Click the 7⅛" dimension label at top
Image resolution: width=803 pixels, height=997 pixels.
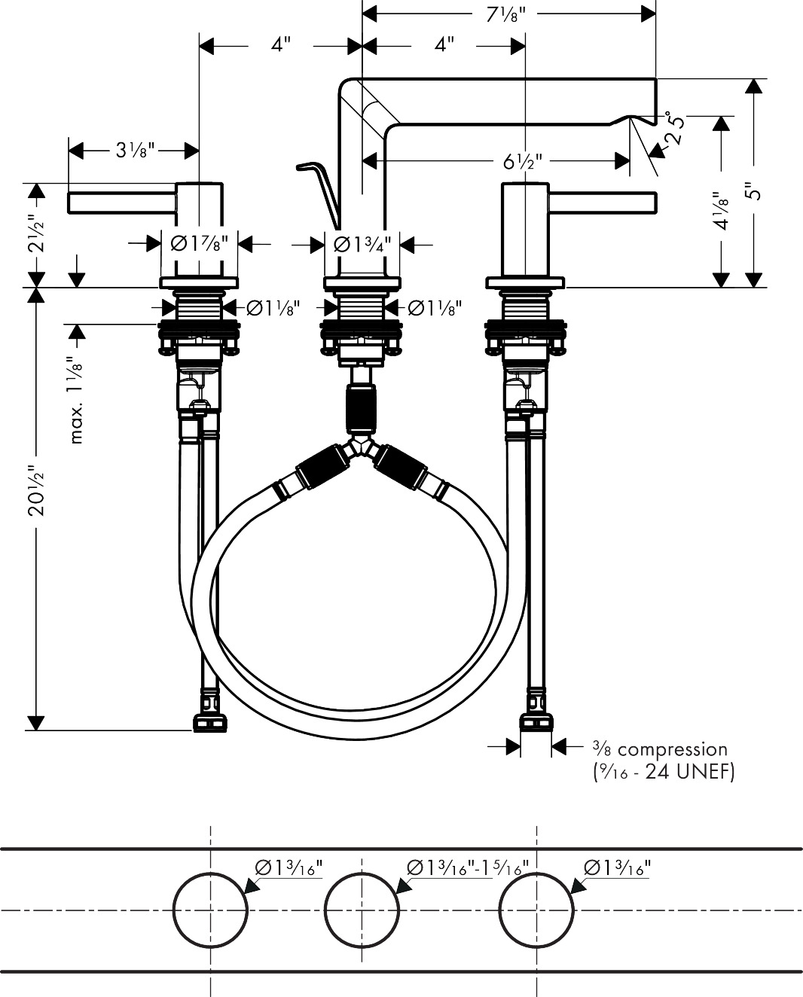pyautogui.click(x=505, y=15)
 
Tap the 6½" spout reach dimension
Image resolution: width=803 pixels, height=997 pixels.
pyautogui.click(x=523, y=162)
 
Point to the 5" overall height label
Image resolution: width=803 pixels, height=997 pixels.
pyautogui.click(x=756, y=189)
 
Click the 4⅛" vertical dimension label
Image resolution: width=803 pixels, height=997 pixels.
pyautogui.click(x=722, y=212)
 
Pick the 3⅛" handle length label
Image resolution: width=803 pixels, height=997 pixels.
pyautogui.click(x=134, y=150)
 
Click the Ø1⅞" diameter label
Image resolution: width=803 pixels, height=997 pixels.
pyautogui.click(x=200, y=243)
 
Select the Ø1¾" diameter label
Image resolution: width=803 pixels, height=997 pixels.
pyautogui.click(x=362, y=244)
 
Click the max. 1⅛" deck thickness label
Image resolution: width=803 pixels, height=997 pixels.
pyautogui.click(x=77, y=399)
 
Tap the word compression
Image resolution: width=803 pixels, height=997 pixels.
pyautogui.click(x=672, y=749)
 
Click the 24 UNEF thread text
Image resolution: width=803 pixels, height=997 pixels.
pyautogui.click(x=689, y=772)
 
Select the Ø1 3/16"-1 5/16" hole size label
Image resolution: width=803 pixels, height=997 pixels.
pyautogui.click(x=467, y=867)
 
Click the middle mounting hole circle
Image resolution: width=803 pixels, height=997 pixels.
pyautogui.click(x=362, y=910)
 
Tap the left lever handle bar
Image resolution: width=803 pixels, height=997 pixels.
pyautogui.click(x=122, y=203)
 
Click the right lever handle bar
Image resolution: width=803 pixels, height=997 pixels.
pyautogui.click(x=603, y=203)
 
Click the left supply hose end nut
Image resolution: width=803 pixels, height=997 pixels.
pyautogui.click(x=210, y=724)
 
